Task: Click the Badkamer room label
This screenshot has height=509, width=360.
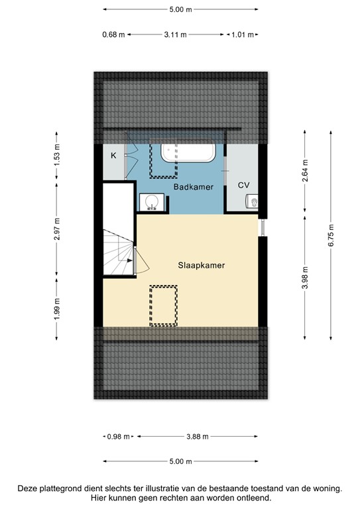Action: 193,188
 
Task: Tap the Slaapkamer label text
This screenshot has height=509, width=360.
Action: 201,265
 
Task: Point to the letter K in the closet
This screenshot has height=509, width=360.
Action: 113,156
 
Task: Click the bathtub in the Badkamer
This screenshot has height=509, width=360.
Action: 188,153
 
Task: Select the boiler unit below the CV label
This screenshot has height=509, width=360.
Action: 253,201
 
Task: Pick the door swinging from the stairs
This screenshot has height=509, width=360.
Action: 140,260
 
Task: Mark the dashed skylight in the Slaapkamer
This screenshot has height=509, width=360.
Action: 163,305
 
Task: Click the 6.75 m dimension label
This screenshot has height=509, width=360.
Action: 331,235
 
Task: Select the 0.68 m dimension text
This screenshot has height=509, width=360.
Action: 113,35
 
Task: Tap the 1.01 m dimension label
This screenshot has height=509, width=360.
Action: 240,35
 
